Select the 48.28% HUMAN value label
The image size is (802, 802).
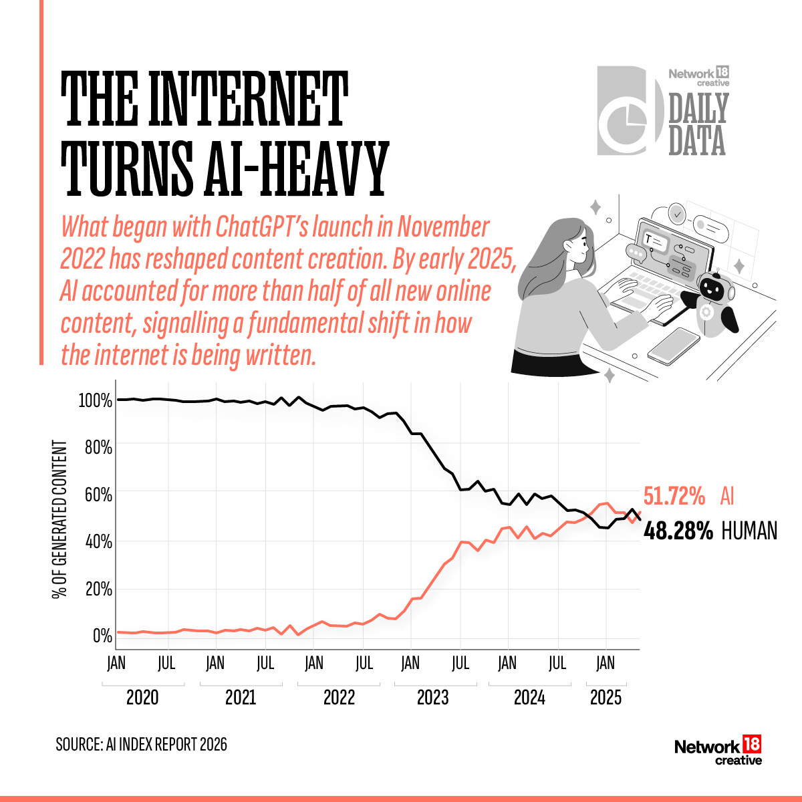tap(710, 531)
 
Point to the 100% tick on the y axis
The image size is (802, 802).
tap(95, 400)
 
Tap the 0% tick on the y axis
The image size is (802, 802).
tap(102, 636)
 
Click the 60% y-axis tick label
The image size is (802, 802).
tap(98, 495)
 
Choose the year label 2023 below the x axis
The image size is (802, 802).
tap(432, 698)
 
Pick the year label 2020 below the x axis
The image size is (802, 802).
tap(142, 698)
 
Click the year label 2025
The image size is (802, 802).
tap(606, 698)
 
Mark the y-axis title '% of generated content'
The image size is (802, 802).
tap(60, 519)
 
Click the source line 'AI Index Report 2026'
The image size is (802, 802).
tap(142, 745)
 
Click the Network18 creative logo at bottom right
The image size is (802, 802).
tap(718, 751)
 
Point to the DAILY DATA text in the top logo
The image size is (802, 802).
tap(698, 124)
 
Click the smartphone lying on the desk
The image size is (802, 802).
tap(673, 346)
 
